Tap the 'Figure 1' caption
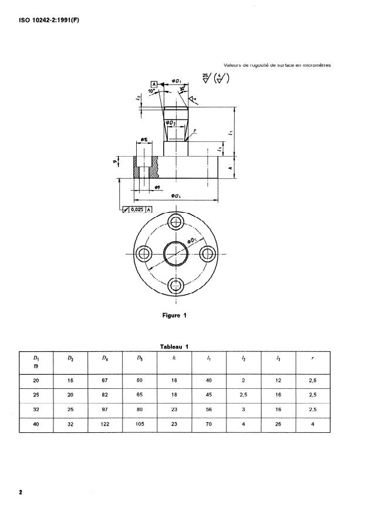point(174,315)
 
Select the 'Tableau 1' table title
point(174,346)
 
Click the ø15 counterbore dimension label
point(144,140)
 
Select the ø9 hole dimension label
point(157,187)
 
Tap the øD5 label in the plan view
point(192,241)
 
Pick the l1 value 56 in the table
point(209,409)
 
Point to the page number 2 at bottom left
point(20,492)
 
